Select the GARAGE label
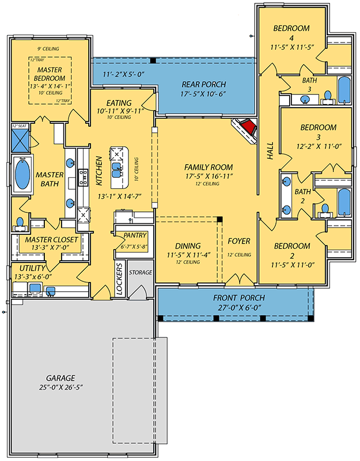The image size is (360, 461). click(58, 378)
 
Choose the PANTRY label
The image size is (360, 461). click(132, 235)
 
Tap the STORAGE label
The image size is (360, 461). click(140, 272)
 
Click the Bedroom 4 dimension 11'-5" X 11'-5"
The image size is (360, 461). click(292, 47)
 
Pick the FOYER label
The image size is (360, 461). click(238, 241)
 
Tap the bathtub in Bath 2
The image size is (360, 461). click(344, 201)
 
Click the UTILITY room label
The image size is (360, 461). click(32, 268)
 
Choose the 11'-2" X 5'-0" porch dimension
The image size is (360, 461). click(123, 75)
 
